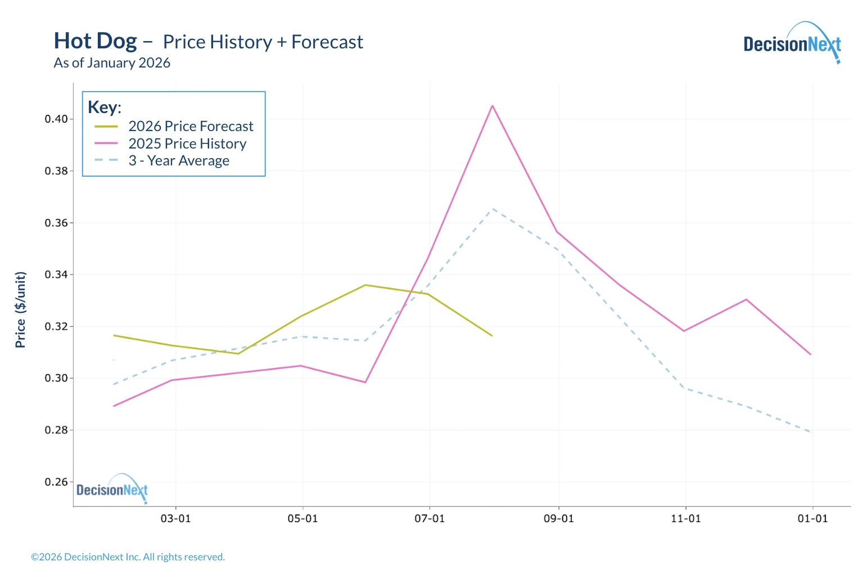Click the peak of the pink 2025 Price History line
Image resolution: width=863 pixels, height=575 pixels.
pos(493,106)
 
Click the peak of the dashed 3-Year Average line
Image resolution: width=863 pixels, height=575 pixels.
pos(493,209)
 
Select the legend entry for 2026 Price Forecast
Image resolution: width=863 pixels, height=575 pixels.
pos(191,127)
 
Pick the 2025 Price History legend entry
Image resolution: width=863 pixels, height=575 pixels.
pos(187,144)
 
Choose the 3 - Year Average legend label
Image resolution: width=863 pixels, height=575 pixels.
pos(179,161)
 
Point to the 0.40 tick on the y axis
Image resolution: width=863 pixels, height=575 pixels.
pos(56,119)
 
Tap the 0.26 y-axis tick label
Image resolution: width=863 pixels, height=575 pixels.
pos(56,482)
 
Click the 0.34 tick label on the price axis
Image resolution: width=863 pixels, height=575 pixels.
pos(56,275)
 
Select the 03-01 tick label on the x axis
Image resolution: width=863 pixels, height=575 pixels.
pos(176,519)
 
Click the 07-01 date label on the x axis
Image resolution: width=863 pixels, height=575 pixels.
pos(430,519)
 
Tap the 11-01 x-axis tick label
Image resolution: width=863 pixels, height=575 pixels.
pos(686,519)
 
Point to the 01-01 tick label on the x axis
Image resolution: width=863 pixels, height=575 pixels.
pos(813,519)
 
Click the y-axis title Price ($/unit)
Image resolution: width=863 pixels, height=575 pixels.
pos(21,310)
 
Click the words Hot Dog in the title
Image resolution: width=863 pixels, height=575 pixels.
pos(96,41)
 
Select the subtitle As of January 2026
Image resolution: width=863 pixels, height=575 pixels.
pos(112,63)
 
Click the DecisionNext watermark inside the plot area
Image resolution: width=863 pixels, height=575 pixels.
pos(112,489)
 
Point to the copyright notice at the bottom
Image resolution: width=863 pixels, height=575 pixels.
pos(128,557)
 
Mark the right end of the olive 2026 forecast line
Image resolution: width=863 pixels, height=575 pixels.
pos(492,336)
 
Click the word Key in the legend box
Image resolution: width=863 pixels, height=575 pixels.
pos(103,107)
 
